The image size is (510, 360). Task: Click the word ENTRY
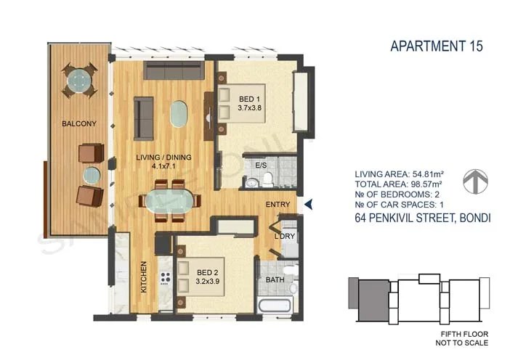pos(278,205)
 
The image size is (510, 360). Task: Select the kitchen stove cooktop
pos(166,278)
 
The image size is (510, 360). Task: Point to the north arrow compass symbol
pos(474,181)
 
